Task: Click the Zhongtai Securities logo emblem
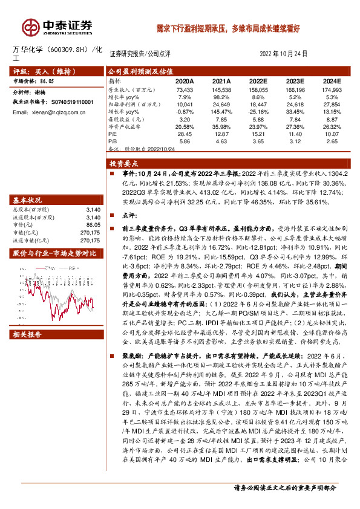[x=30, y=27]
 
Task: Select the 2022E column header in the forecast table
[x=258, y=80]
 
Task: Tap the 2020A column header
[x=185, y=80]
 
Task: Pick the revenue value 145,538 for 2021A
[x=221, y=89]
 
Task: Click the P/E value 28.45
[x=185, y=133]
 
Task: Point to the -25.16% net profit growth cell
[x=258, y=111]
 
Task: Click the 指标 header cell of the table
[x=115, y=80]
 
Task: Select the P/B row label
[x=113, y=141]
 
